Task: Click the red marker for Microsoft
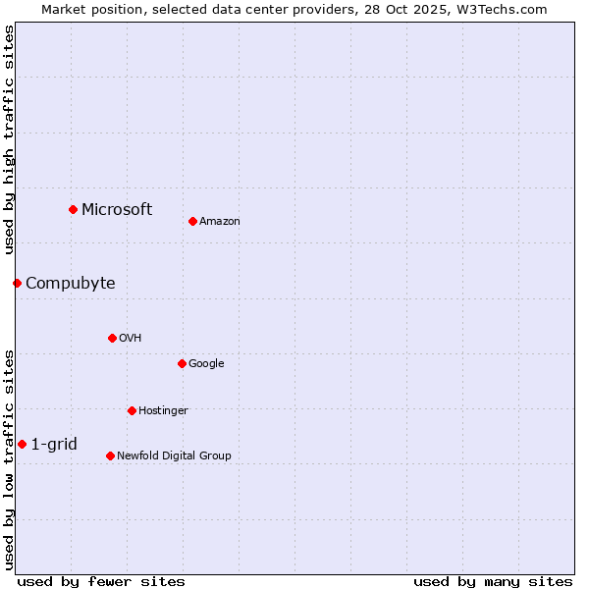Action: pos(73,209)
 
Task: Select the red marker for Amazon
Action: pos(192,221)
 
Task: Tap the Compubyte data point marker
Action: pos(17,283)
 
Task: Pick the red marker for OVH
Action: pos(112,338)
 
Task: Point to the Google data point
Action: pos(182,363)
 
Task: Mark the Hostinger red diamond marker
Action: pos(132,410)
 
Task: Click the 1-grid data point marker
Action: pos(22,444)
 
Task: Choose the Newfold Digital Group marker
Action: pos(110,455)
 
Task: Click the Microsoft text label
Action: pos(117,209)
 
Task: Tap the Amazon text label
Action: pos(220,222)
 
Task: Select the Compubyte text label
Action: pos(70,283)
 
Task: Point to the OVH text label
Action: pos(131,339)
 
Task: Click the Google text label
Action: pos(206,364)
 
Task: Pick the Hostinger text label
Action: pos(163,410)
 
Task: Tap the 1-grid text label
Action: pos(54,444)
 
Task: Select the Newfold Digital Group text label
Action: pos(174,455)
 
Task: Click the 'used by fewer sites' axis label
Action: pos(101,581)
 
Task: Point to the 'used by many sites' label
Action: pos(493,581)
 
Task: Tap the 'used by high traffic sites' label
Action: pos(9,139)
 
